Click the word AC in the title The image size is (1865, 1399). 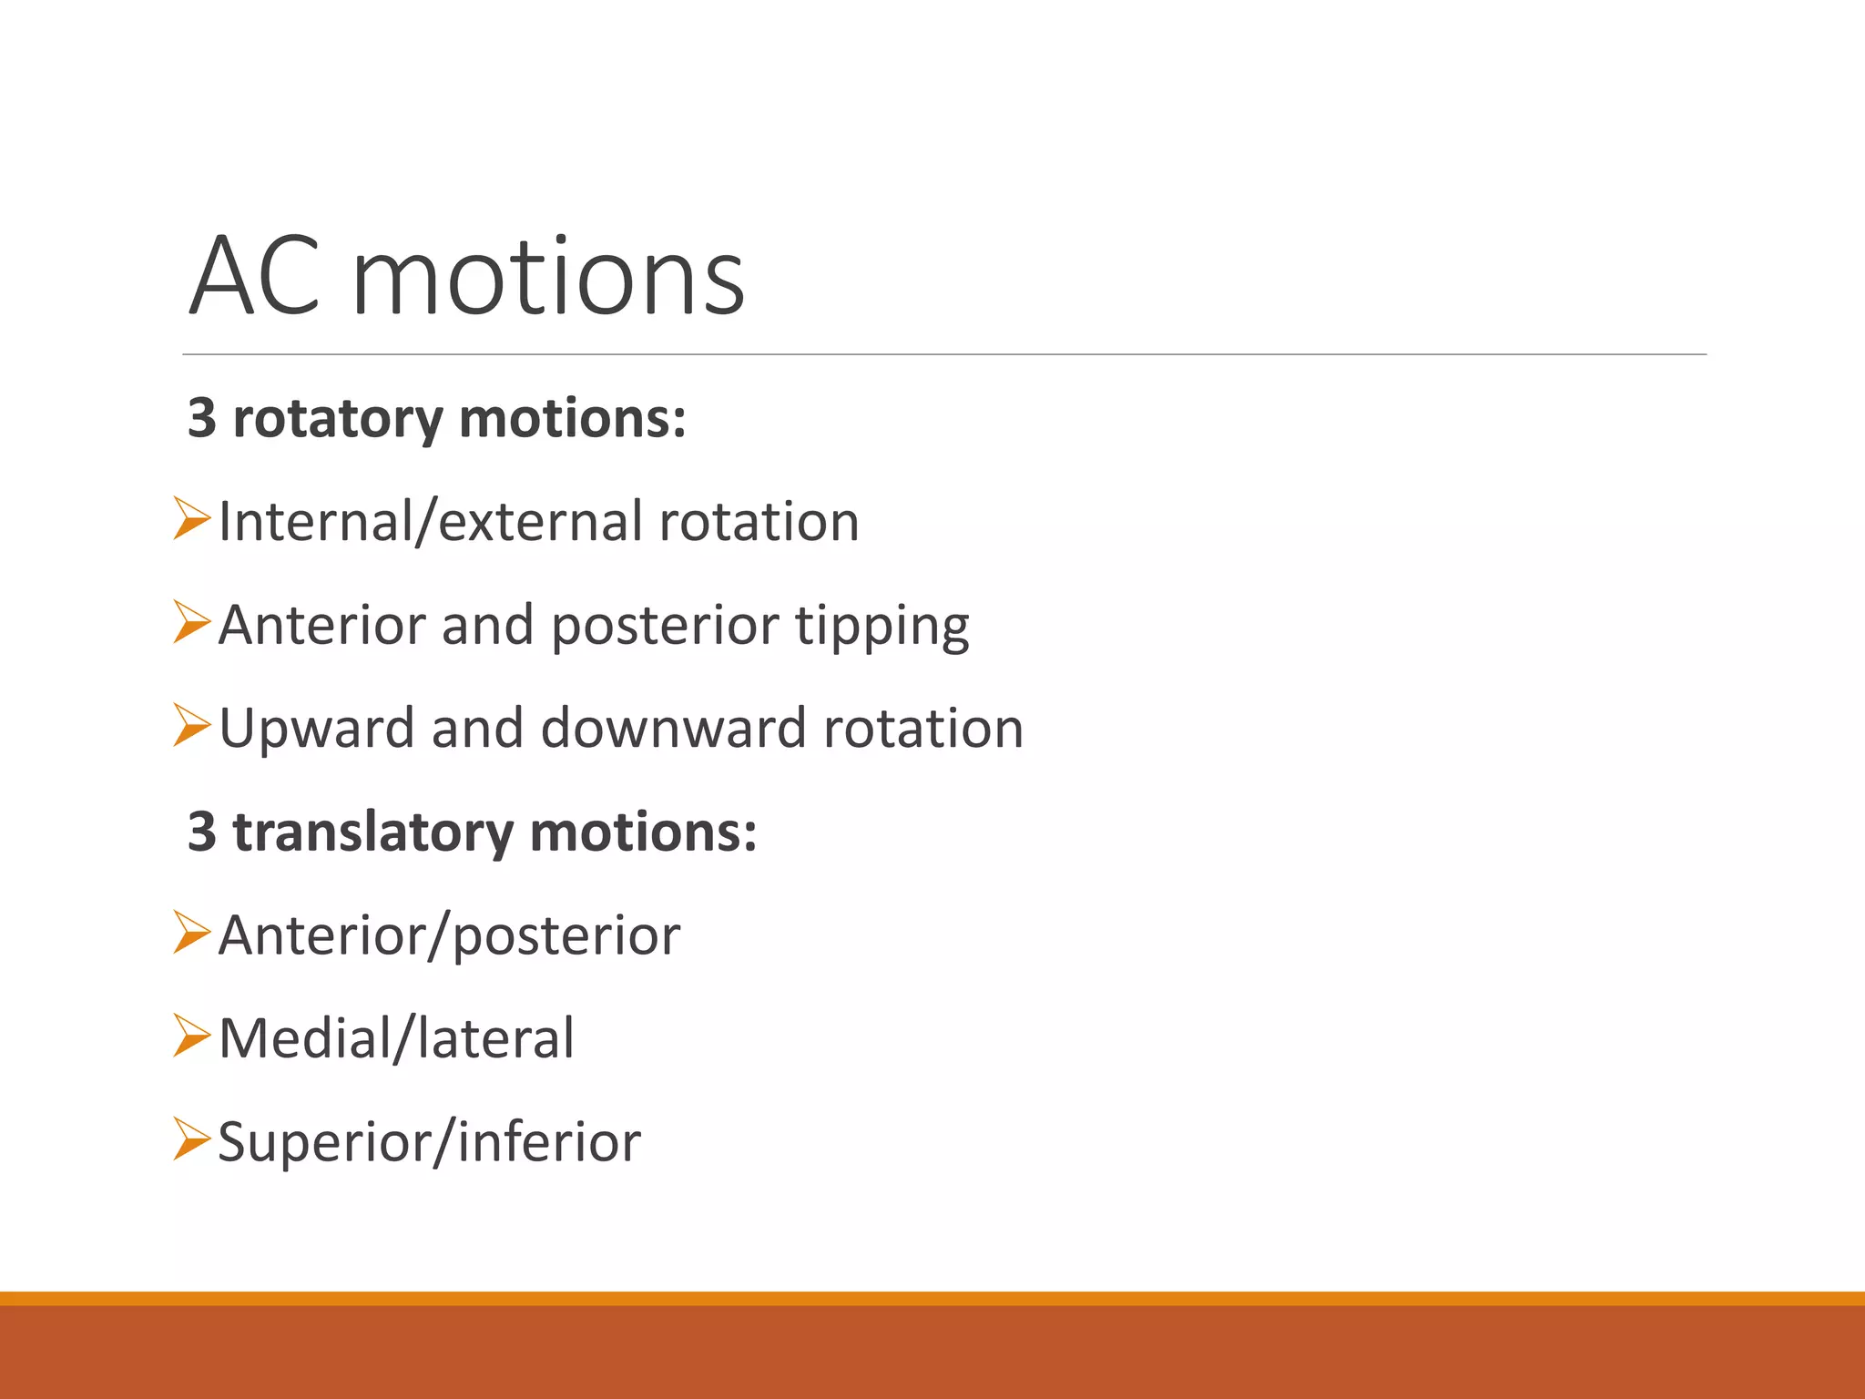pyautogui.click(x=254, y=276)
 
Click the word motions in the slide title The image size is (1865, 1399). pyautogui.click(x=548, y=276)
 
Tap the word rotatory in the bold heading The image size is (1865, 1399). pyautogui.click(x=338, y=419)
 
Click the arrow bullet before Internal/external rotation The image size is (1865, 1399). pyautogui.click(x=191, y=519)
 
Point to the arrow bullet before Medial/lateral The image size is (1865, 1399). pyautogui.click(x=191, y=1036)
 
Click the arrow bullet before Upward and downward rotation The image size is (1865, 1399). pyautogui.click(x=191, y=726)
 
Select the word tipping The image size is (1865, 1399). pyautogui.click(x=882, y=627)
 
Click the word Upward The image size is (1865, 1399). pyautogui.click(x=317, y=729)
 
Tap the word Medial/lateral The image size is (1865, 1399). pyautogui.click(x=397, y=1038)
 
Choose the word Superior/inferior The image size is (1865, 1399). pyautogui.click(x=430, y=1142)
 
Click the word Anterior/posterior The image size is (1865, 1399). pyautogui.click(x=450, y=935)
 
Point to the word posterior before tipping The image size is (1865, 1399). pyautogui.click(x=665, y=627)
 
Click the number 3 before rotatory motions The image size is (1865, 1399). pyautogui.click(x=202, y=419)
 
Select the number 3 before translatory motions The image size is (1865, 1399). pyautogui.click(x=202, y=832)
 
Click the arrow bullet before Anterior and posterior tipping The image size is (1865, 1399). pyautogui.click(x=191, y=623)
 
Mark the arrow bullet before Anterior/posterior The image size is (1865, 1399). pyautogui.click(x=191, y=934)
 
